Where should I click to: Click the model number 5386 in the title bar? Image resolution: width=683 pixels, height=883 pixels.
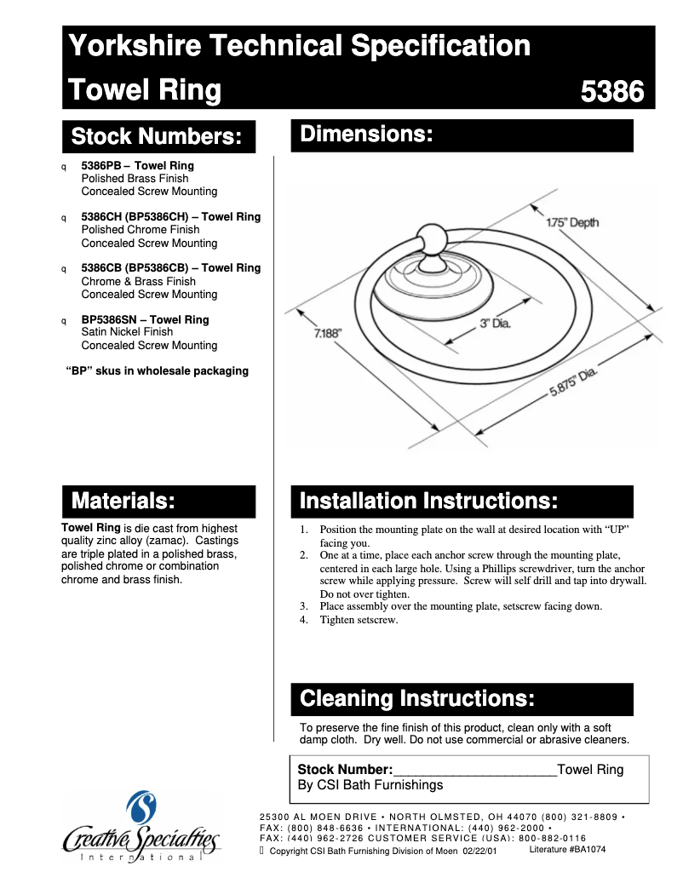click(611, 91)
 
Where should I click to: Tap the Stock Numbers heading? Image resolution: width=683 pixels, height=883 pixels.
click(162, 136)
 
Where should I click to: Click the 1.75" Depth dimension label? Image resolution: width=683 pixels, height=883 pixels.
click(572, 223)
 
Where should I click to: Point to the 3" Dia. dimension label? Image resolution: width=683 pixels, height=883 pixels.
click(494, 324)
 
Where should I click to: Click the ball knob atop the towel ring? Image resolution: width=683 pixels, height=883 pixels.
click(429, 241)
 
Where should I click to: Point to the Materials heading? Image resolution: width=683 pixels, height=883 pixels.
click(123, 500)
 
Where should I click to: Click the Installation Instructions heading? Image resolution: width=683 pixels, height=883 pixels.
click(428, 501)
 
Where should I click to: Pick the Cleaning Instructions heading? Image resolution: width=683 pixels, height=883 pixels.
click(417, 699)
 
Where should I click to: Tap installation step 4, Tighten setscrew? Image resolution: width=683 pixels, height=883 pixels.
click(359, 620)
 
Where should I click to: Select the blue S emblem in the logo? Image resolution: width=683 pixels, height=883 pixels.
click(141, 810)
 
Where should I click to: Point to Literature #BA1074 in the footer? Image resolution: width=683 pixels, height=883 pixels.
click(567, 850)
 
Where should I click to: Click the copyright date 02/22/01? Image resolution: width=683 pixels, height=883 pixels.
click(479, 851)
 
